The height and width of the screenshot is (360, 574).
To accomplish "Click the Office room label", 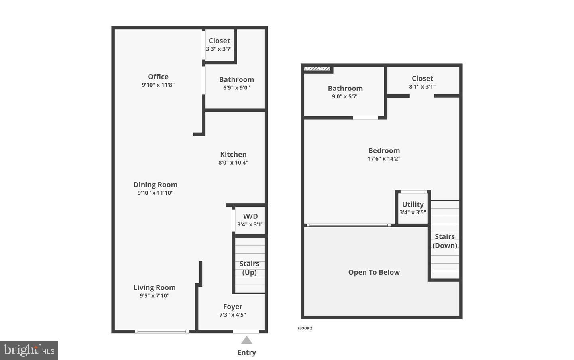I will coord(158,77).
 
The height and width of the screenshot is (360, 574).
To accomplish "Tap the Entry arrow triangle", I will coord(247,340).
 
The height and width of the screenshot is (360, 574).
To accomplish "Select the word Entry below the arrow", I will coord(247,352).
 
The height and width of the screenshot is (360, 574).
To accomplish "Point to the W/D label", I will coord(250,216).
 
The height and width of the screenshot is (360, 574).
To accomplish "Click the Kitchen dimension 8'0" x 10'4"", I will coord(233,163).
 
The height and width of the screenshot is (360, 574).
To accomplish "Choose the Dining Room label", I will coord(155,185).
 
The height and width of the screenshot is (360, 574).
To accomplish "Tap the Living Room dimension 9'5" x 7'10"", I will coord(154,296).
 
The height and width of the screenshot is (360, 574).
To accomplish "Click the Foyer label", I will coord(233,307).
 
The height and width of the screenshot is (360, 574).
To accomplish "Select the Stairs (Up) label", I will coord(250,268).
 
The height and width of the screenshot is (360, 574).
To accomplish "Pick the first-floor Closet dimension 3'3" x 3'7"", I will coord(219,49).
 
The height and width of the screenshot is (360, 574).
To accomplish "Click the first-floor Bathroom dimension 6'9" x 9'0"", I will coord(236,88).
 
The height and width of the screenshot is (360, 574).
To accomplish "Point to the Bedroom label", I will coord(384,150).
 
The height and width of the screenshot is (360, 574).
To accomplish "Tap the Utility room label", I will coord(413,204).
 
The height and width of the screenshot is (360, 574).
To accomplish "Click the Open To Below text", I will coord(374,272).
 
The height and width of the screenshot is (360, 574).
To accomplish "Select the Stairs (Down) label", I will coord(445,241).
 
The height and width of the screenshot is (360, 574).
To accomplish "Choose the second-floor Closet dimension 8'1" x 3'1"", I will coord(422,87).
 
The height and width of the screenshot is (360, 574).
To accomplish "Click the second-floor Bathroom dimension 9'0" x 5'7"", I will coord(345,96).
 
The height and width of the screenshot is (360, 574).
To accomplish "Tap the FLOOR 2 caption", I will coord(305,328).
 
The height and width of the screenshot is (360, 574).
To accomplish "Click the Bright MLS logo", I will coord(29,350).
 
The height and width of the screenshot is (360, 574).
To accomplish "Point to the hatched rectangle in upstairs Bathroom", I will coord(317,69).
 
